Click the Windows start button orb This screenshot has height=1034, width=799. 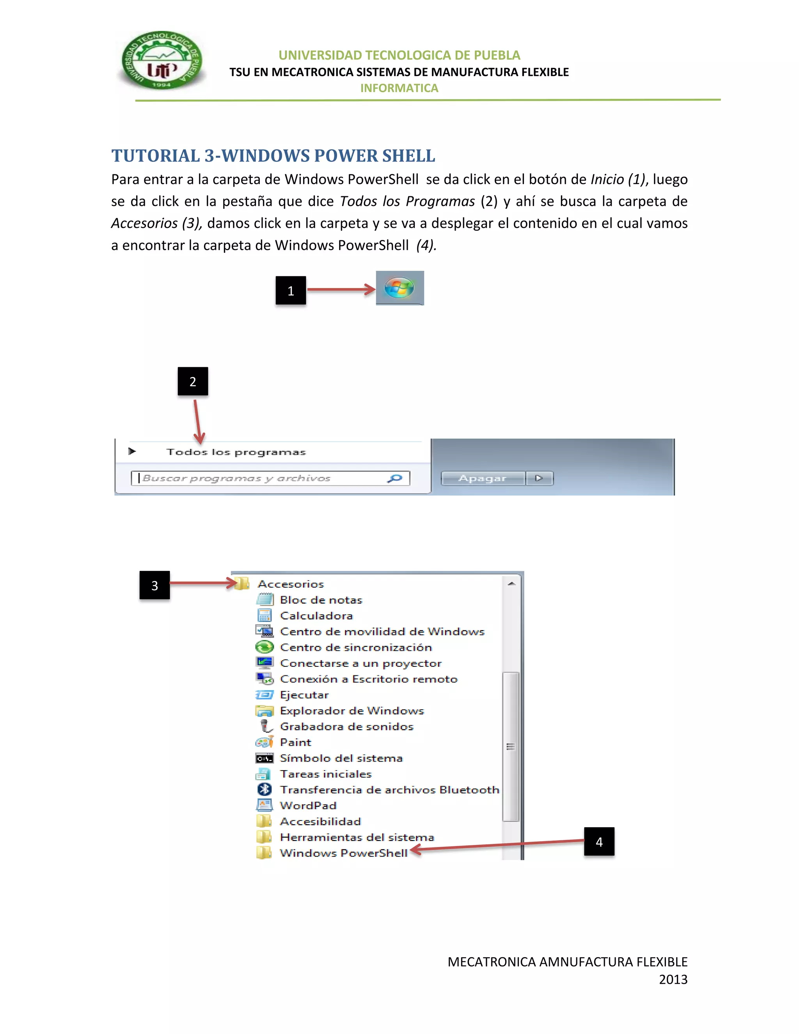coord(399,288)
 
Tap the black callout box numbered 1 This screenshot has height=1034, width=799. coord(291,290)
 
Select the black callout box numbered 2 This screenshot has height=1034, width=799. coord(193,381)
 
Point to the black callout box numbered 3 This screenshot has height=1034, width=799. coord(154,585)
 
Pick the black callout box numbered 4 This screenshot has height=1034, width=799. coord(599,841)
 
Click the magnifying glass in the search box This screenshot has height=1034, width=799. coord(394,478)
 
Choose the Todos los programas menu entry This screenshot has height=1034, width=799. coord(236,452)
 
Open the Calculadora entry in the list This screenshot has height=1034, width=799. coord(316,615)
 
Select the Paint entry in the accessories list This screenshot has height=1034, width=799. coord(295,742)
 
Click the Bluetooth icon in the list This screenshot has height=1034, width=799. coord(264,789)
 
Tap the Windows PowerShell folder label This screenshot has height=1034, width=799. coord(343,853)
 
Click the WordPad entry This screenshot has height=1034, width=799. coord(308,805)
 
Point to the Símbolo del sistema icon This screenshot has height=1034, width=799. coord(264,758)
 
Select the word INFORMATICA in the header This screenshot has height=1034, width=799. coord(399,88)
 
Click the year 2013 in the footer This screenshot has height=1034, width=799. coord(673,979)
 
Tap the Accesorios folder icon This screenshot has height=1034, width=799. coord(242,583)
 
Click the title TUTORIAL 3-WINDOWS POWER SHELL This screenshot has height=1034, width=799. coord(273,156)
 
